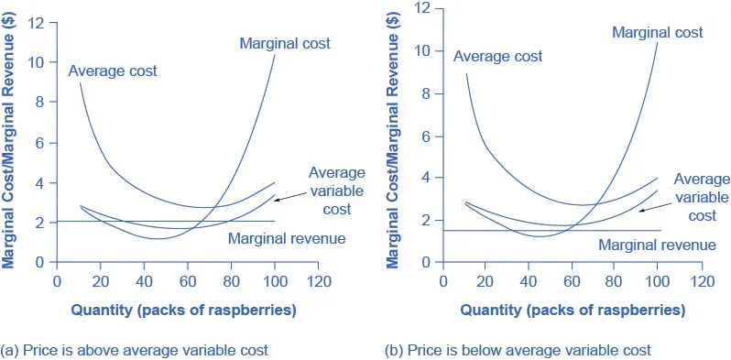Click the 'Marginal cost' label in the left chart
coord(284,43)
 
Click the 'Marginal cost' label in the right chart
coord(657,32)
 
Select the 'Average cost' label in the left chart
coord(113,71)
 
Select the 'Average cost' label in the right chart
coord(497,56)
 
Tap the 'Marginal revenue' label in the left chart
coord(286,238)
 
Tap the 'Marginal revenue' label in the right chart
coord(657,245)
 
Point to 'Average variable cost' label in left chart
coord(336,190)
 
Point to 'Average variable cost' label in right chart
coord(702,197)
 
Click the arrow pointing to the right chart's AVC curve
coord(653,207)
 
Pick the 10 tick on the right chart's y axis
coord(422,50)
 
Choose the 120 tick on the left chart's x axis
coord(318,281)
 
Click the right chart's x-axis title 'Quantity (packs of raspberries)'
coord(573,310)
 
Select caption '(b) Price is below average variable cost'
coord(519,350)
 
